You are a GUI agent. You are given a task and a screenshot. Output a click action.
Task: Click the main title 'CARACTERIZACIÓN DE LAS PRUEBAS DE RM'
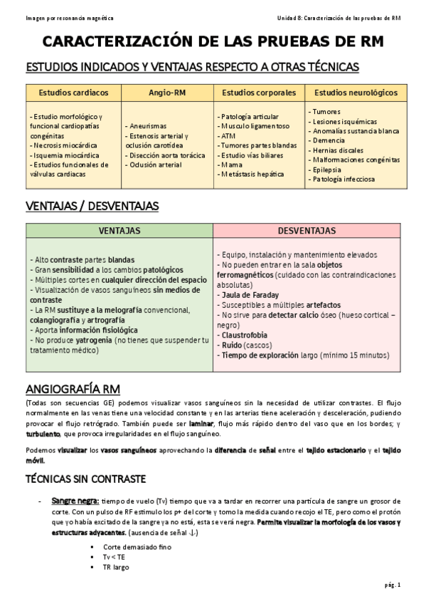pyautogui.click(x=213, y=42)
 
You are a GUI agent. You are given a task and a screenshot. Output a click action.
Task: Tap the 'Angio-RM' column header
pyautogui.click(x=168, y=93)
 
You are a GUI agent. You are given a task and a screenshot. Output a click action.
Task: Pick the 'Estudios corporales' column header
pyautogui.click(x=259, y=93)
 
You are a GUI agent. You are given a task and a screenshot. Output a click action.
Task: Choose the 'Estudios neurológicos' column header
pyautogui.click(x=356, y=93)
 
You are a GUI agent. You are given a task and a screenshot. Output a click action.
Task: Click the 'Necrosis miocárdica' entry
pyautogui.click(x=65, y=145)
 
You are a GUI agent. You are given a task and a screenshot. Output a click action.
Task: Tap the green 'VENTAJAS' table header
pyautogui.click(x=119, y=231)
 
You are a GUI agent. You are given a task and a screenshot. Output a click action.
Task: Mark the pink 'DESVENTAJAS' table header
pyautogui.click(x=307, y=231)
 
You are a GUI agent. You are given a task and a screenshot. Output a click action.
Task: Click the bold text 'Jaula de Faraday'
pyautogui.click(x=250, y=295)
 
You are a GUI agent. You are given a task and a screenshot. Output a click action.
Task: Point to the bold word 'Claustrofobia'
pyautogui.click(x=245, y=335)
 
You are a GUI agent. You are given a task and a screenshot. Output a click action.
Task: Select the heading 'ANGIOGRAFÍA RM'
pyautogui.click(x=73, y=389)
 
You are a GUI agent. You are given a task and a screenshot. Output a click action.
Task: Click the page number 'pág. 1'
pyautogui.click(x=393, y=585)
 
